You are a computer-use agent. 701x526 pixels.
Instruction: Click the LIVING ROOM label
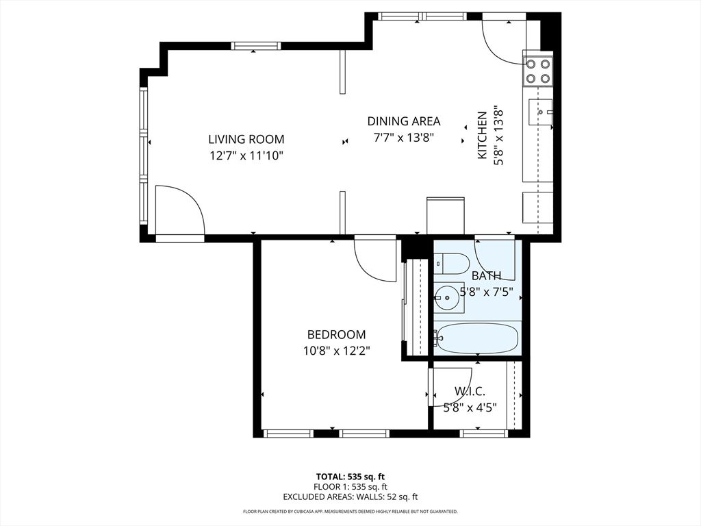[x=246, y=139]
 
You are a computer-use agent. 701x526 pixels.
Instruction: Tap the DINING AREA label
[x=404, y=121]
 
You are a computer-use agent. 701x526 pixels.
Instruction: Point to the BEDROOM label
[x=336, y=335]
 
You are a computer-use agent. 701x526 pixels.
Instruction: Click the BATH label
[x=486, y=276]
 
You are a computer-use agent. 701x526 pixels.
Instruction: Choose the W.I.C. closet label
[x=470, y=392]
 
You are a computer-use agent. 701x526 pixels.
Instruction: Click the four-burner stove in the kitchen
[x=538, y=71]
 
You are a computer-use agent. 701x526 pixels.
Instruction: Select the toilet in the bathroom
[x=451, y=264]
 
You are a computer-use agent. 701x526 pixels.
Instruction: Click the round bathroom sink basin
[x=446, y=297]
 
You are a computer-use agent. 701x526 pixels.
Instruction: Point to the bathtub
[x=477, y=338]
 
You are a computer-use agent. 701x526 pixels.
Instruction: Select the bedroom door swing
[x=375, y=258]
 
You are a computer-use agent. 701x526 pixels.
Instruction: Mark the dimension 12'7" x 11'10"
[x=246, y=155]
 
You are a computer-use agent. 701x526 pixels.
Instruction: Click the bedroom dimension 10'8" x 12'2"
[x=336, y=351]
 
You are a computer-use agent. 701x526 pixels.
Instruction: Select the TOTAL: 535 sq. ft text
[x=350, y=477]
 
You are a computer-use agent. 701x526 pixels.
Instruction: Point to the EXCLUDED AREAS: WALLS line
[x=350, y=497]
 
